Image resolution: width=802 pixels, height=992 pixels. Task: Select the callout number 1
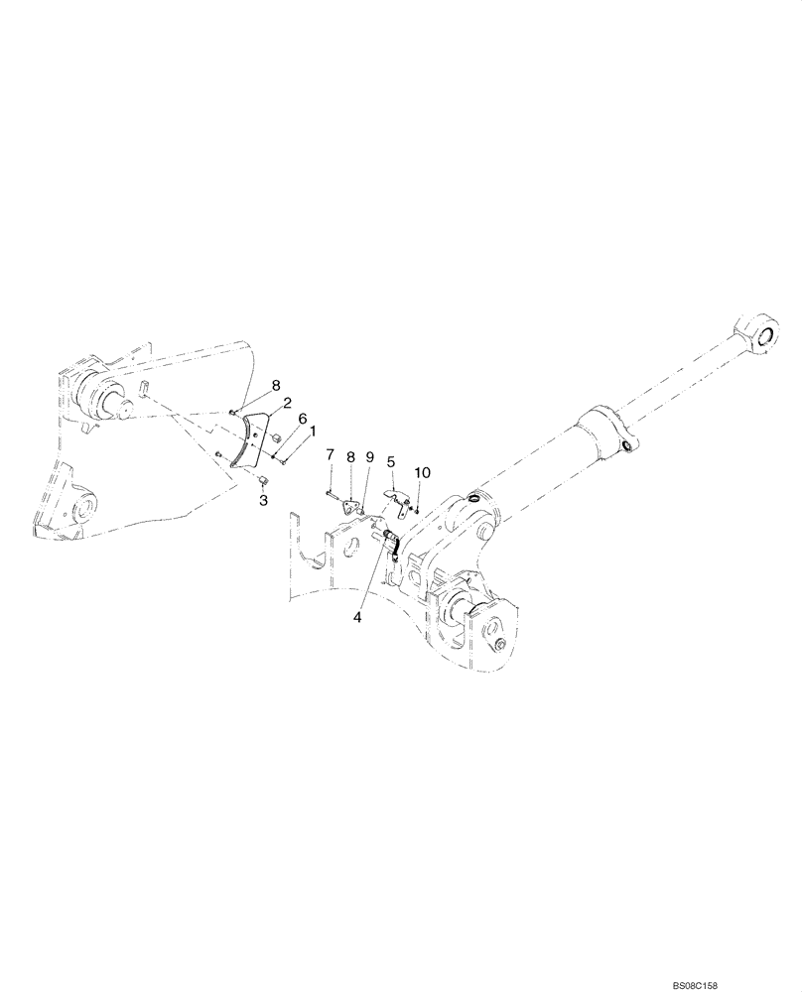pos(313,432)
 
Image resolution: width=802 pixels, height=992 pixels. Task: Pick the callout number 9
pos(370,457)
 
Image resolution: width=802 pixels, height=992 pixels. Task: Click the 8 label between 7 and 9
pos(350,456)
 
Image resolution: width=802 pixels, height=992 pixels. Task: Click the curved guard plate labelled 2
pos(245,437)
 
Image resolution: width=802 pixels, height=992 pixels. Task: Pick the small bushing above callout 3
pos(264,481)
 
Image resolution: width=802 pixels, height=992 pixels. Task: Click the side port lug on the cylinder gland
pos(625,446)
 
